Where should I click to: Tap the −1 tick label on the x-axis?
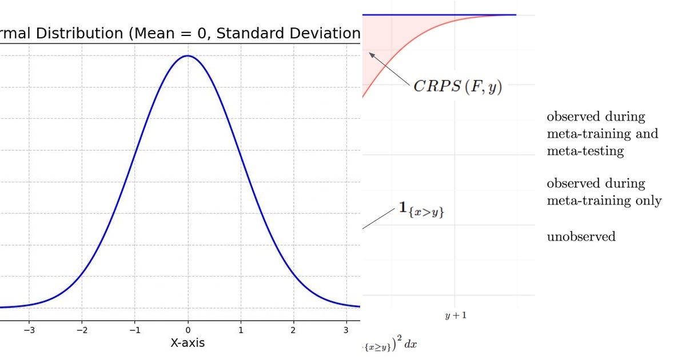coord(134,330)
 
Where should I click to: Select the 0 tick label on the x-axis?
coord(188,330)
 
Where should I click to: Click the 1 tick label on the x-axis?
coord(241,330)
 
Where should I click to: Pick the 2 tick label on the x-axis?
coord(293,330)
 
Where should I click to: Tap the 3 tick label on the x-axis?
coord(346,330)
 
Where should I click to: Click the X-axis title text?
coord(188,343)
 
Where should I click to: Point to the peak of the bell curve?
coord(188,56)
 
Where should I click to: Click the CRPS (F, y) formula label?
coord(457,87)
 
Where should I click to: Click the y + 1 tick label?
coord(456,315)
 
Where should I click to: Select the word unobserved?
coord(581,237)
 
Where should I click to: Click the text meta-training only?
coord(604,201)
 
